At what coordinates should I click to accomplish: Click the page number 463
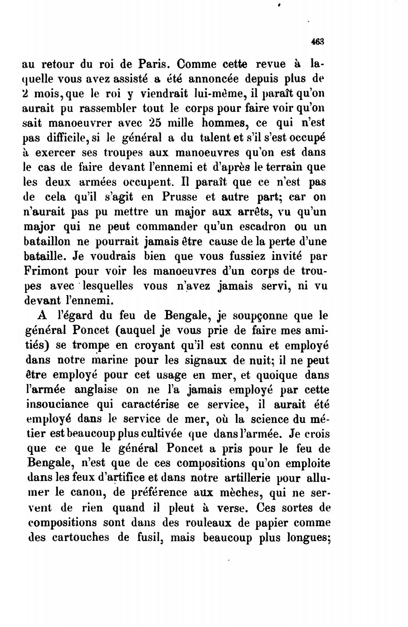point(317,42)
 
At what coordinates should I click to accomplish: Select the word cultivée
point(167,434)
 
